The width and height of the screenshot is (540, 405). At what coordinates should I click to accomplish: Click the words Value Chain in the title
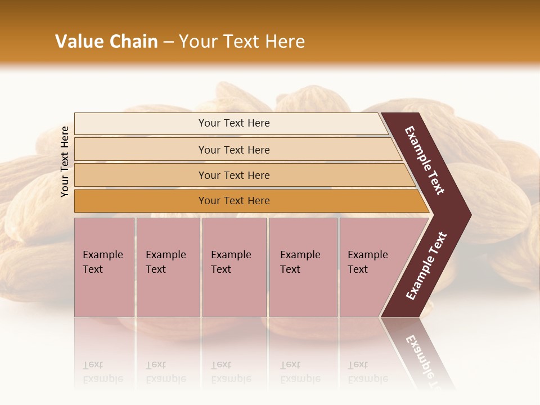point(106,42)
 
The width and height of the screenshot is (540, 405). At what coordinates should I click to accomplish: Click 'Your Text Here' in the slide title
point(241,42)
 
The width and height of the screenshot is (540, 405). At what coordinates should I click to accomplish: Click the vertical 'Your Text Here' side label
point(65,162)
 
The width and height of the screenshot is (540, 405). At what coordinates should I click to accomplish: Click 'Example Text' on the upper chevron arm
point(425,160)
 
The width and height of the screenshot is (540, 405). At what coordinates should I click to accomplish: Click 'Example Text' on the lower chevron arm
point(426,266)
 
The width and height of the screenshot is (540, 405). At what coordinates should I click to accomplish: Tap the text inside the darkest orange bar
point(234,201)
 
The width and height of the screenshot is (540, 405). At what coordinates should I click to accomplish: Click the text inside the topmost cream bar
point(234,123)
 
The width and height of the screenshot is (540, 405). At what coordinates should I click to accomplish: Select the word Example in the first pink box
point(102,255)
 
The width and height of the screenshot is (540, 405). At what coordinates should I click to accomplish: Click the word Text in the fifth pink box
point(357,269)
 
